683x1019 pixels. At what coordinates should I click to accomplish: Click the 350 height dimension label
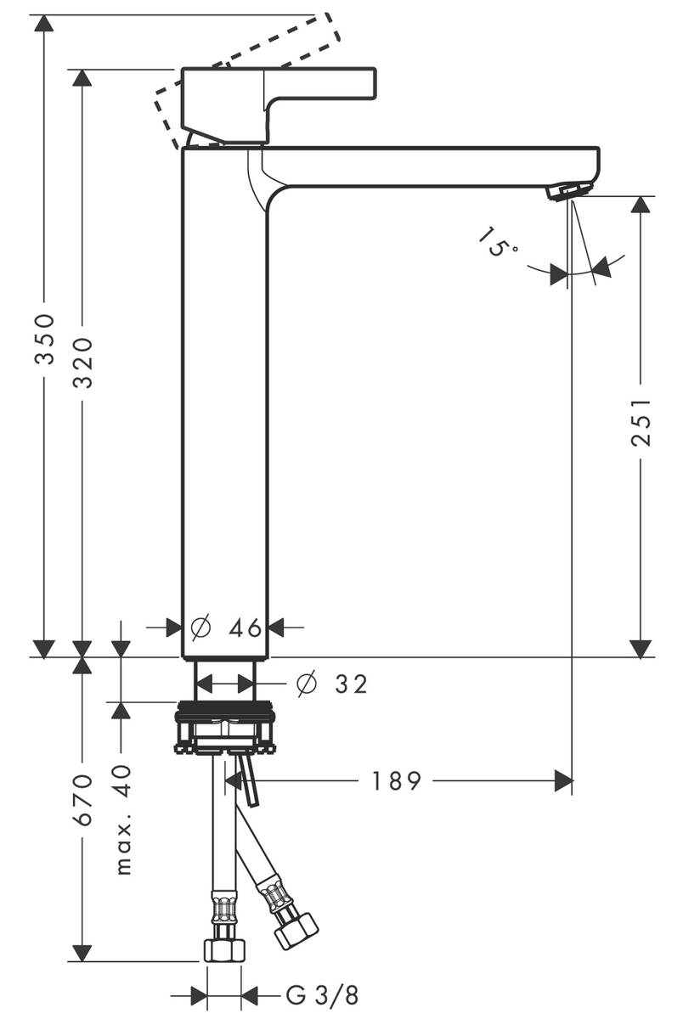click(45, 338)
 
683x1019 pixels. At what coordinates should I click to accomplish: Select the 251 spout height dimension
click(641, 421)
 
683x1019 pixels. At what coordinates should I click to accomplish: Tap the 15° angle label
click(498, 241)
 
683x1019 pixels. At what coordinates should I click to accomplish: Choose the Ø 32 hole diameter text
click(331, 684)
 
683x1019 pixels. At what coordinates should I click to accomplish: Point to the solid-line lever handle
click(280, 98)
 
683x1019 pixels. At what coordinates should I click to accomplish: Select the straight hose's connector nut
click(223, 949)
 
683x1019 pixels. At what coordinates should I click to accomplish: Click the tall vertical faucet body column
click(226, 399)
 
